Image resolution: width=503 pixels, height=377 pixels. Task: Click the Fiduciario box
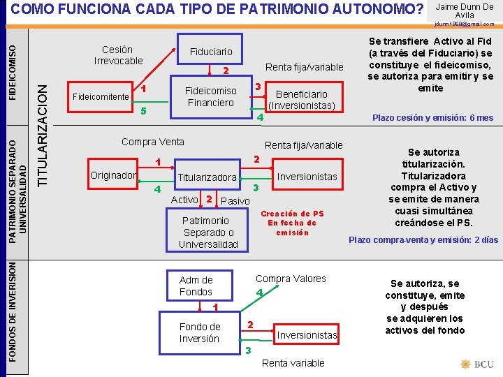coord(211,52)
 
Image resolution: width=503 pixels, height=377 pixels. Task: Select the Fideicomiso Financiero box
coord(210,96)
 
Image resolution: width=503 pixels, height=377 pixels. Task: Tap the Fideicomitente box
coord(101,96)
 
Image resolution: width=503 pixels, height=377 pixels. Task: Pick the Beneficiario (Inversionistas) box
coord(301,100)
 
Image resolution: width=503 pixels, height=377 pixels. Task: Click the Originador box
coord(112,175)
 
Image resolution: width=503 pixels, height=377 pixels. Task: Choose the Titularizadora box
coord(207,177)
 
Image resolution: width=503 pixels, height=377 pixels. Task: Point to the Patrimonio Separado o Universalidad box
coord(208,232)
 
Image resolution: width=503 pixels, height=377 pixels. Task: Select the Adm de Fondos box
coord(196,286)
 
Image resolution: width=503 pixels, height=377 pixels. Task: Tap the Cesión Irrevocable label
coord(117,55)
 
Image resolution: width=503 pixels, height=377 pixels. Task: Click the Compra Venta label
coord(152,142)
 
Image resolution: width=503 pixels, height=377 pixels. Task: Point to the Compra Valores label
coord(291,279)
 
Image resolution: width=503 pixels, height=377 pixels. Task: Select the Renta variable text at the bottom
coord(293,363)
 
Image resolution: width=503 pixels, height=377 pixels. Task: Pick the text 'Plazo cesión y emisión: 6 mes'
coord(432,118)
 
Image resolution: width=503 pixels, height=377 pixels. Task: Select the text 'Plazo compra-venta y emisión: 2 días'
coord(423,239)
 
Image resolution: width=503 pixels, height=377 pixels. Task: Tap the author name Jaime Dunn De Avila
coord(464,10)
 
